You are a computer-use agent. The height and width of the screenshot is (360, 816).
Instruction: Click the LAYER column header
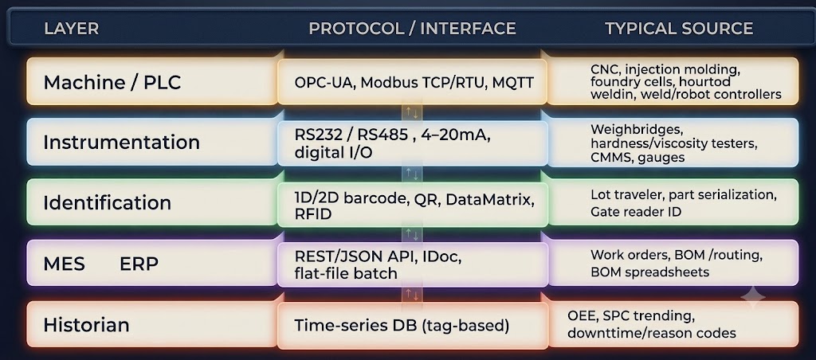tap(71, 29)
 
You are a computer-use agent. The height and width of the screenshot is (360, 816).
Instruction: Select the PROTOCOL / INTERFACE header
tap(412, 29)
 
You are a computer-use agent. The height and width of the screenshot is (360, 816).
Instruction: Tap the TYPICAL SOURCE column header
tap(679, 29)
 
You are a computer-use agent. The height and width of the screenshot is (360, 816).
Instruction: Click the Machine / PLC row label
tap(112, 82)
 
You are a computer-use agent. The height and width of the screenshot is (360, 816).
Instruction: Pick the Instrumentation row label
tap(121, 142)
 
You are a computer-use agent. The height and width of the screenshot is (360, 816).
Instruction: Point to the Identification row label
tap(108, 202)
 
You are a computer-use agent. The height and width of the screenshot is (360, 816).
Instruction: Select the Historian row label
tap(86, 325)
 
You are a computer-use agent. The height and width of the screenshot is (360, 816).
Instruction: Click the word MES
tap(64, 264)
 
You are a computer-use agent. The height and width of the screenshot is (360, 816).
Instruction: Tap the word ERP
tap(139, 264)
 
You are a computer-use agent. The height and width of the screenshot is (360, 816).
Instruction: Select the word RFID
tap(312, 213)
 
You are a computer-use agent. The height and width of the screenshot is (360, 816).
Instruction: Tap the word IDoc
tap(443, 256)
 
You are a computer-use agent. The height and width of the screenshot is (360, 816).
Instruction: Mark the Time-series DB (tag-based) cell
tap(402, 326)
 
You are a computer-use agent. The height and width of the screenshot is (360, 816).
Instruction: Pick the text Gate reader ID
tap(636, 212)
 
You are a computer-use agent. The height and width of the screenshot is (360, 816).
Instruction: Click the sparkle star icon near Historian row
tap(752, 298)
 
